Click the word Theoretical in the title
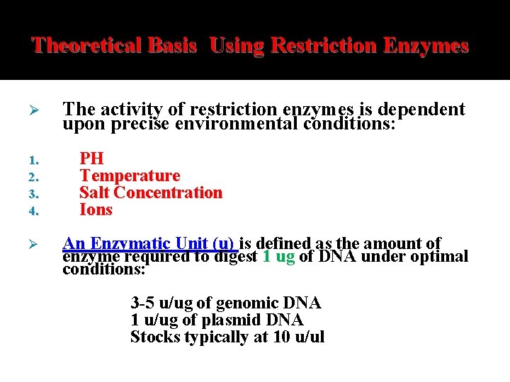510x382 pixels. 78,46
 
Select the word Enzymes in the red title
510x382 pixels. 425,46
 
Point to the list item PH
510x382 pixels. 91,158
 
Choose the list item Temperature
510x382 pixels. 130,175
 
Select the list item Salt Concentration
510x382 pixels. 151,192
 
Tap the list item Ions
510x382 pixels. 96,210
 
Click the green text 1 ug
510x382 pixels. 278,256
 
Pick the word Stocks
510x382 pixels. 155,337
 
